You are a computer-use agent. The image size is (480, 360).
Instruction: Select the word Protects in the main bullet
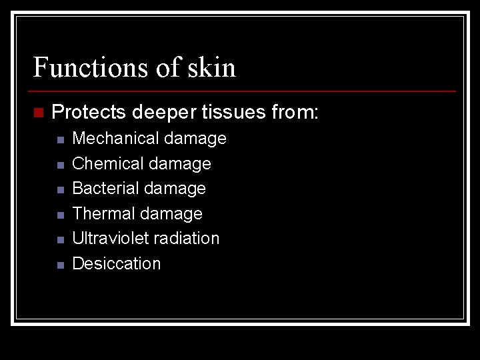click(89, 112)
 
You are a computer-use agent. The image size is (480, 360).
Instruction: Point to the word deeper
click(163, 112)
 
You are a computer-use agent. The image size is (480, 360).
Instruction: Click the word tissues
click(233, 112)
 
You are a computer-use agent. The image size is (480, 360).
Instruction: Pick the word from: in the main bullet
click(295, 112)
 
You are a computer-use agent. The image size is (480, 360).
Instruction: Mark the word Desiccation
click(116, 263)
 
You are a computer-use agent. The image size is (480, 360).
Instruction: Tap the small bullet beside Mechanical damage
click(60, 140)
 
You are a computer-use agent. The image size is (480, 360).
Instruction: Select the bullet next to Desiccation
click(60, 265)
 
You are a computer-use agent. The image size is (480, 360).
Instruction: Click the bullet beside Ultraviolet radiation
click(60, 239)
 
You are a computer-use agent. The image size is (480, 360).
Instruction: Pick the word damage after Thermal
click(171, 214)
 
